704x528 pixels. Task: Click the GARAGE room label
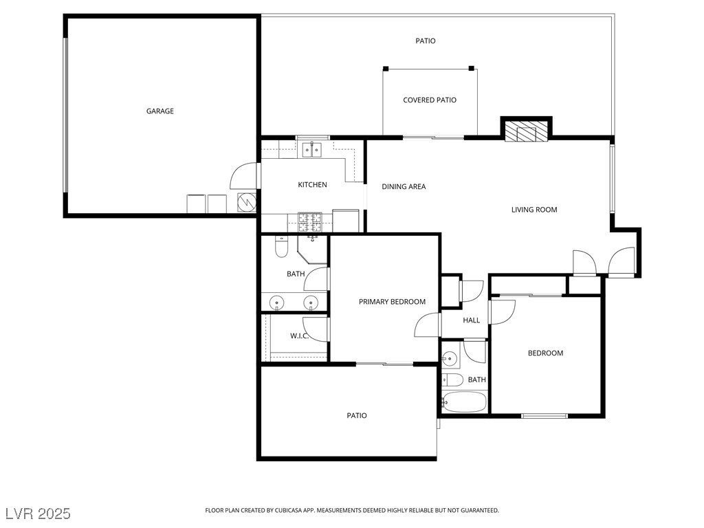coord(159,111)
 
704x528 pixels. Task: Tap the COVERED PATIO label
coord(430,100)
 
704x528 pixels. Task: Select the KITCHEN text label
coord(313,184)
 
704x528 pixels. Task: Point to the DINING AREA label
coord(404,186)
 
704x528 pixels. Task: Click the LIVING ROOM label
coord(534,210)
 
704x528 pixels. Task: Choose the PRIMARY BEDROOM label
coord(392,302)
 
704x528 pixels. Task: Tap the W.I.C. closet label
coord(299,335)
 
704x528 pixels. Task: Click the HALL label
coord(472,320)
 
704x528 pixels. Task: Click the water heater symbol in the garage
coord(246,203)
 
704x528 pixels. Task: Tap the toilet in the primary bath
coord(281,247)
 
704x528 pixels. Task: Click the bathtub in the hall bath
coord(464,402)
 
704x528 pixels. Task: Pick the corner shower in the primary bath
coord(313,249)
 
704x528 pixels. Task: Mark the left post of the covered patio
coord(386,69)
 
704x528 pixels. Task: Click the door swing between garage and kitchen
coord(245,175)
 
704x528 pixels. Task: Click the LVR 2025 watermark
coord(38,513)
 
